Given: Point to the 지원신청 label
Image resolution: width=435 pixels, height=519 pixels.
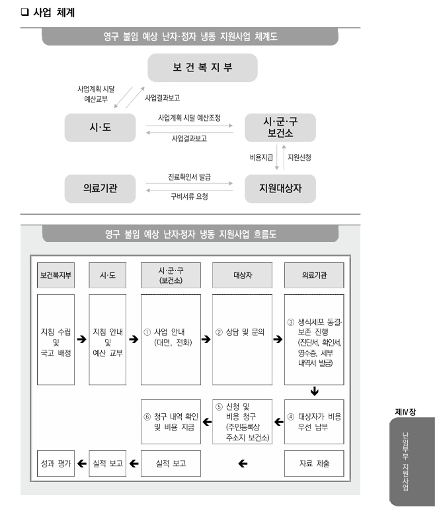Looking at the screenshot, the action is [x=299, y=158].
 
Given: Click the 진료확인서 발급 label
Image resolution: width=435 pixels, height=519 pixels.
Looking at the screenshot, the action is [x=190, y=178].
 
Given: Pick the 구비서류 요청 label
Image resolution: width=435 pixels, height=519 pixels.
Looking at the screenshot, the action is [x=190, y=197].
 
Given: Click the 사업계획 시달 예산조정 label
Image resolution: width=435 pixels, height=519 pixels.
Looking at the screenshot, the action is [x=189, y=117].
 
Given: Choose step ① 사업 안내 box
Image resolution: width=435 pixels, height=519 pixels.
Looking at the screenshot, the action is [x=171, y=339].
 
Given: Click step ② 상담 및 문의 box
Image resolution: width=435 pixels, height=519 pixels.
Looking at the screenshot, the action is [x=242, y=339].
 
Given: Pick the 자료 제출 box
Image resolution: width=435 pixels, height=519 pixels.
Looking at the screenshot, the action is [x=314, y=463].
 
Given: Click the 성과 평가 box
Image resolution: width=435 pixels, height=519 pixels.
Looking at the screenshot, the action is [x=55, y=463].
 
